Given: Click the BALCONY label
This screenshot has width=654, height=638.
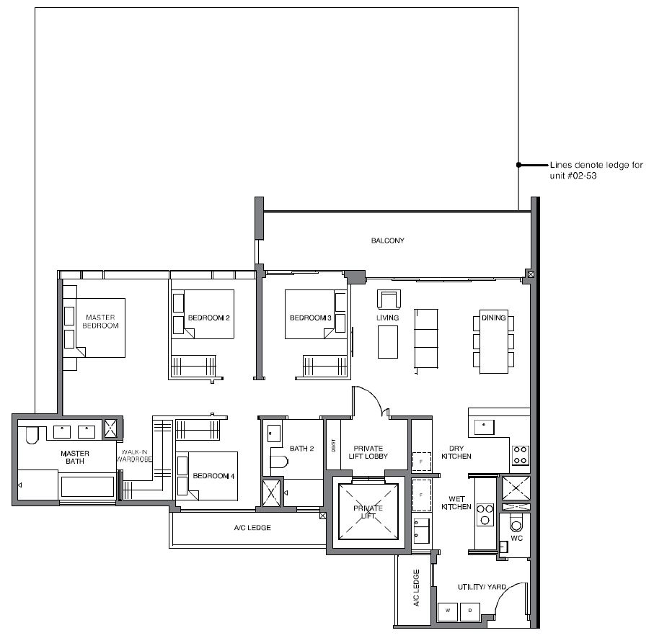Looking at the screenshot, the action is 387,241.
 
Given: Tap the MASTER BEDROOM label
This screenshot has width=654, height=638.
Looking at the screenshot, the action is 100,321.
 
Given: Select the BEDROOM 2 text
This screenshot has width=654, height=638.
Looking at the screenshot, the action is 208,318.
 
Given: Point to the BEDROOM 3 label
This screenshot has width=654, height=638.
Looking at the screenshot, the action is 310,318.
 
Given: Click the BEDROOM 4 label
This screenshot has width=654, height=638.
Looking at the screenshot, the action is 213,475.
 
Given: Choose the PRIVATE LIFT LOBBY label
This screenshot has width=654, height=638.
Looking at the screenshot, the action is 368,452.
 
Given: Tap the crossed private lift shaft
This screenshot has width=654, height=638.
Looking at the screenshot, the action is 368,511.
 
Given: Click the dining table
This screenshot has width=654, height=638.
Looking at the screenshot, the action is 493,341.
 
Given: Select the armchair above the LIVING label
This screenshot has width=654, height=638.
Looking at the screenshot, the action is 389,300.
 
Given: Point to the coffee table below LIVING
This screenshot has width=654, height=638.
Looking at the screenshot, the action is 388,342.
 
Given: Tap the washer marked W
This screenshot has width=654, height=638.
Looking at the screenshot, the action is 448,611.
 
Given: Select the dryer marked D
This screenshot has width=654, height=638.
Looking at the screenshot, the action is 470,611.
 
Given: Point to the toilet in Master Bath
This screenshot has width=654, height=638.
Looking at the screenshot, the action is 32,434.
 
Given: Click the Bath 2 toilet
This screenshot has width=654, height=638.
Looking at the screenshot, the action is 279,462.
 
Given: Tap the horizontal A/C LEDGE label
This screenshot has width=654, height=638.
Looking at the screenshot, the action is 252,528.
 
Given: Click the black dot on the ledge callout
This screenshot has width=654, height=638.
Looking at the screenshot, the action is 518,165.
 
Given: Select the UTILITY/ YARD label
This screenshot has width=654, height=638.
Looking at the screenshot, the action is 482,587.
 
